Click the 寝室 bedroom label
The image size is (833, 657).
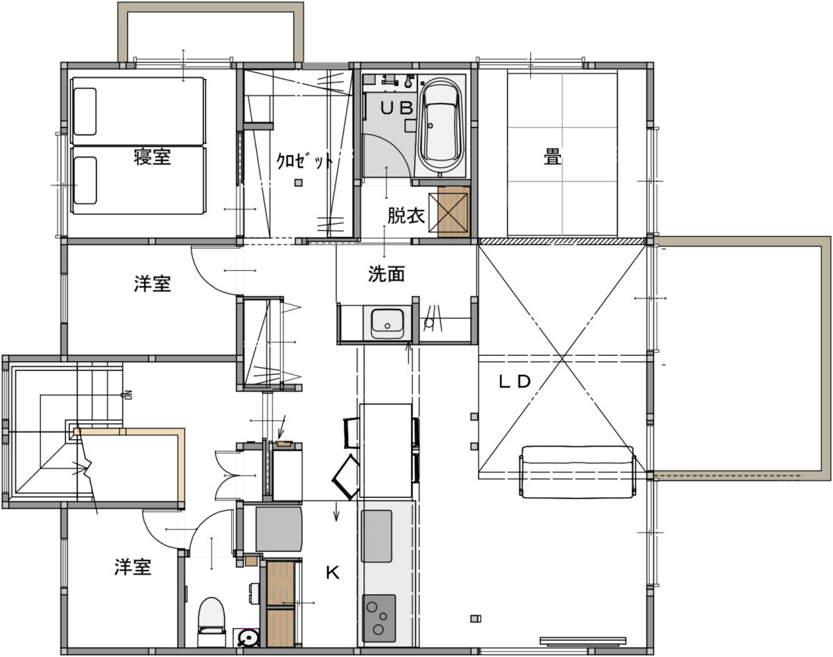coord(152,157)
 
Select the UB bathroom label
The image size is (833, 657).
coord(396,107)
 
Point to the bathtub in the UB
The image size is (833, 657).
coord(440,126)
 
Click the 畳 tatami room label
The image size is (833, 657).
coord(553,157)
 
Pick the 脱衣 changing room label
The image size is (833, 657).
coord(405,216)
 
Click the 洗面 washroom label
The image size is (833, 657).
coord(386,273)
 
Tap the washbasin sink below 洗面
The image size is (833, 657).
coord(387,323)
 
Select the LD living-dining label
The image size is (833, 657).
coord(514,381)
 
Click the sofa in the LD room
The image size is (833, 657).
coord(578,472)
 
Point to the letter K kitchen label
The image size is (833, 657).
coord(332,572)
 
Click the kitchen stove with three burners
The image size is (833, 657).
coord(379,618)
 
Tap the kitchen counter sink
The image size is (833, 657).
coord(376,536)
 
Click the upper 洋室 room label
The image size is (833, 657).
coord(152,284)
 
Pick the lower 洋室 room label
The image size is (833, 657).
coord(133,567)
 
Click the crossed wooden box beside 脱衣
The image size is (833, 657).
coord(454,212)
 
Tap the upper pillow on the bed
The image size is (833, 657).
coord(85,111)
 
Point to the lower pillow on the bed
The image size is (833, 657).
coord(85,181)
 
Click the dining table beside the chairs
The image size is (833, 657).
coord(385,450)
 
